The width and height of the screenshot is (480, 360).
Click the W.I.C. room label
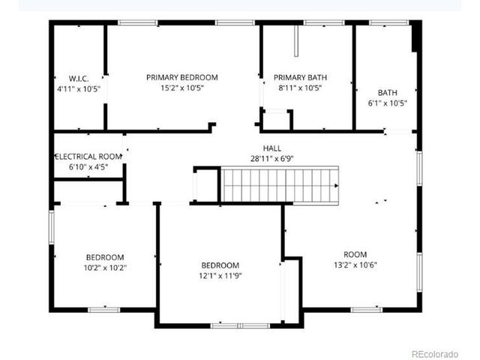click(79, 78)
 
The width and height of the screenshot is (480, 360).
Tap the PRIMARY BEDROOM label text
click(181, 77)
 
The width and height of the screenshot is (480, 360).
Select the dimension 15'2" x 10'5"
click(181, 88)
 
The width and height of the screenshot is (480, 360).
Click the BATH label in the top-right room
click(387, 93)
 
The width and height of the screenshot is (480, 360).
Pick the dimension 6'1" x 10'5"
click(387, 103)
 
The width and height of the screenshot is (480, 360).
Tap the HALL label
click(271, 148)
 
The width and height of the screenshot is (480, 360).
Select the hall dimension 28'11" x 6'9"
click(271, 158)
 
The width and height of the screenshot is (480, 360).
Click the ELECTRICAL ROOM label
click(88, 157)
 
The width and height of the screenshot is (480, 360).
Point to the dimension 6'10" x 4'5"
click(88, 166)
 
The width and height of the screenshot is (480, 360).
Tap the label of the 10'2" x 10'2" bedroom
click(104, 257)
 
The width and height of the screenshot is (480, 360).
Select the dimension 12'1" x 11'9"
click(220, 275)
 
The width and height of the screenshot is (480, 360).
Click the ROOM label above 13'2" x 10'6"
click(355, 254)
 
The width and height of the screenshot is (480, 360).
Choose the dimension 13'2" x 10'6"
click(355, 265)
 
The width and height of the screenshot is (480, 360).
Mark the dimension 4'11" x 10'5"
click(79, 88)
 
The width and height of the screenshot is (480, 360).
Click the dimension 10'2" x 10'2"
click(104, 268)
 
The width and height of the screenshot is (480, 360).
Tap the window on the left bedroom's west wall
click(52, 236)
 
